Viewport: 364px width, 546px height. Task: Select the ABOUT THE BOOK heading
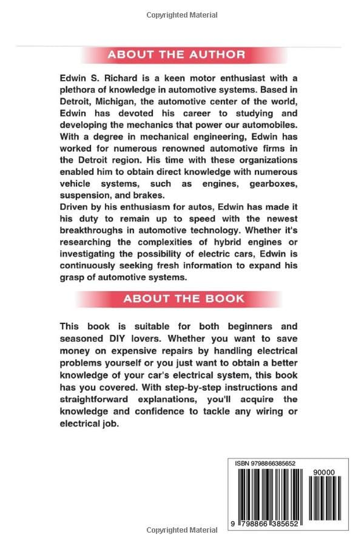click(x=184, y=299)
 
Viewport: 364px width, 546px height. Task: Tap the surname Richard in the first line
click(x=111, y=77)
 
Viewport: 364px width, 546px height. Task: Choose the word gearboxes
click(x=274, y=183)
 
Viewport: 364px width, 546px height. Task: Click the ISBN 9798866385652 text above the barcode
click(x=266, y=463)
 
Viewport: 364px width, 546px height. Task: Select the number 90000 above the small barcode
click(x=324, y=473)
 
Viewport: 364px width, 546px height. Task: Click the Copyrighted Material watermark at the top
click(x=182, y=15)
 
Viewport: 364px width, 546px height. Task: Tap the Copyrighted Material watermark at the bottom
click(x=182, y=530)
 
